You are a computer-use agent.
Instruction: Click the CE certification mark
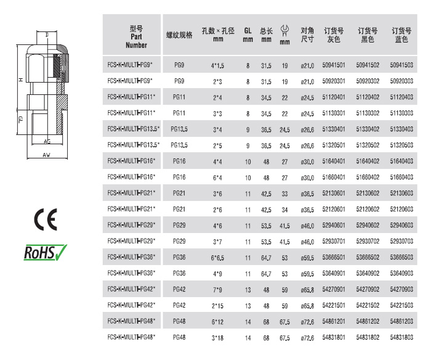click(x=46, y=219)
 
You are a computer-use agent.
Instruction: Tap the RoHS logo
click(x=46, y=252)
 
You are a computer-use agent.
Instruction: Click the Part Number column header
click(x=136, y=37)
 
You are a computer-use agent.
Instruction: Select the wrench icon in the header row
click(x=285, y=30)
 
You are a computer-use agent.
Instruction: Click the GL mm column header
click(x=248, y=35)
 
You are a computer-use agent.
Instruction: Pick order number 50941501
click(x=334, y=65)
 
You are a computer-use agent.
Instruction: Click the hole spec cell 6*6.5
click(x=217, y=258)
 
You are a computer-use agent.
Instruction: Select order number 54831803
click(x=402, y=337)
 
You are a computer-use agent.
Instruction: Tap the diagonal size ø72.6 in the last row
click(x=307, y=338)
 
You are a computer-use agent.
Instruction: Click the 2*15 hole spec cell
click(x=217, y=306)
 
